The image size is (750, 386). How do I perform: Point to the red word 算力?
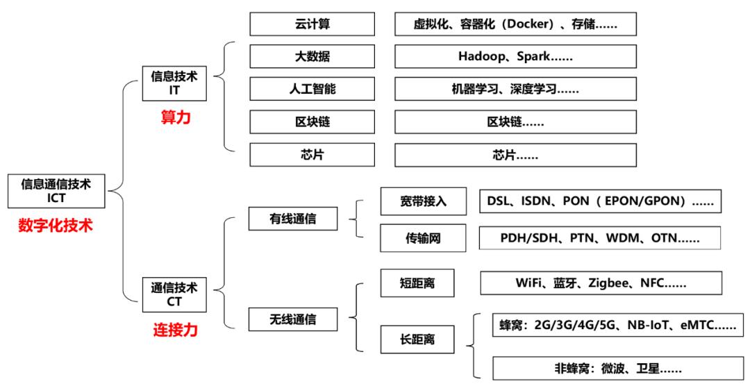tap(175, 118)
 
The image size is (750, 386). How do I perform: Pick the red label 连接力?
tap(175, 329)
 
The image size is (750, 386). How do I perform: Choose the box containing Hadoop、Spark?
tap(515, 57)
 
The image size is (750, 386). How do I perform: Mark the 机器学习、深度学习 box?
tap(515, 90)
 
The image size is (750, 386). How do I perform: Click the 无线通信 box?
tap(293, 319)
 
